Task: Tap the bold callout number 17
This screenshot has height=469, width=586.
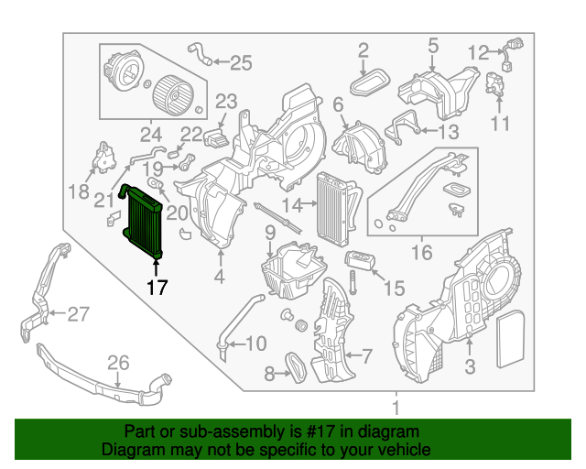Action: pos(157,287)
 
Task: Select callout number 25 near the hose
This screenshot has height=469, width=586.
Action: pos(240,62)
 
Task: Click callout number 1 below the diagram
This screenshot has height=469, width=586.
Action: pos(396,407)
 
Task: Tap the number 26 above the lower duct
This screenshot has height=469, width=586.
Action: pos(117,364)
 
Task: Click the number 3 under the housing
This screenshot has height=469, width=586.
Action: pos(469,368)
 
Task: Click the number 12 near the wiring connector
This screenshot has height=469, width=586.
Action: pos(478,53)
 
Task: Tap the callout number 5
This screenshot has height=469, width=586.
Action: pos(432,44)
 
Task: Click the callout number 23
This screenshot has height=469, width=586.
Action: pos(225,101)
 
